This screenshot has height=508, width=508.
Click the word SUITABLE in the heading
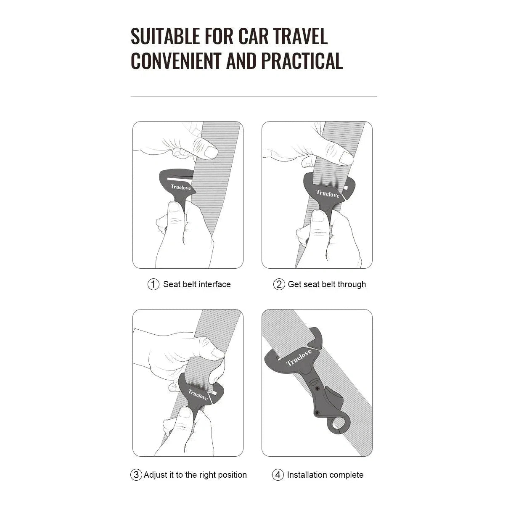165,36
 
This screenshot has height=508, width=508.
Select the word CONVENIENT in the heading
176,61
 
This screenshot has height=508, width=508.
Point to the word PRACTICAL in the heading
302,61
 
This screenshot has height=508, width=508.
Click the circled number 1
153,284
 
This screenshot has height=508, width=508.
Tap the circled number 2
279,284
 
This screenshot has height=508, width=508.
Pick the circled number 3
136,475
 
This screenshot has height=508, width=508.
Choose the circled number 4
278,475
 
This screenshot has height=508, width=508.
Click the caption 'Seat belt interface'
197,284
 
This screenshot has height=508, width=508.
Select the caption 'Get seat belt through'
327,284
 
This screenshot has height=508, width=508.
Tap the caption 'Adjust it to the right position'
196,475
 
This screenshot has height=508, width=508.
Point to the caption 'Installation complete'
325,475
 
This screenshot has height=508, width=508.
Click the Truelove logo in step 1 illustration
180,187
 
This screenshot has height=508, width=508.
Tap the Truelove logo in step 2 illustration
328,193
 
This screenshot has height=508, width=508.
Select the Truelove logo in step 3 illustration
198,394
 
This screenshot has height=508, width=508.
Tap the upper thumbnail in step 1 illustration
211,152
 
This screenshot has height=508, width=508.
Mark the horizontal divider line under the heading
254,96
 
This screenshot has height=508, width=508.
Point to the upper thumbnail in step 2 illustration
347,158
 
